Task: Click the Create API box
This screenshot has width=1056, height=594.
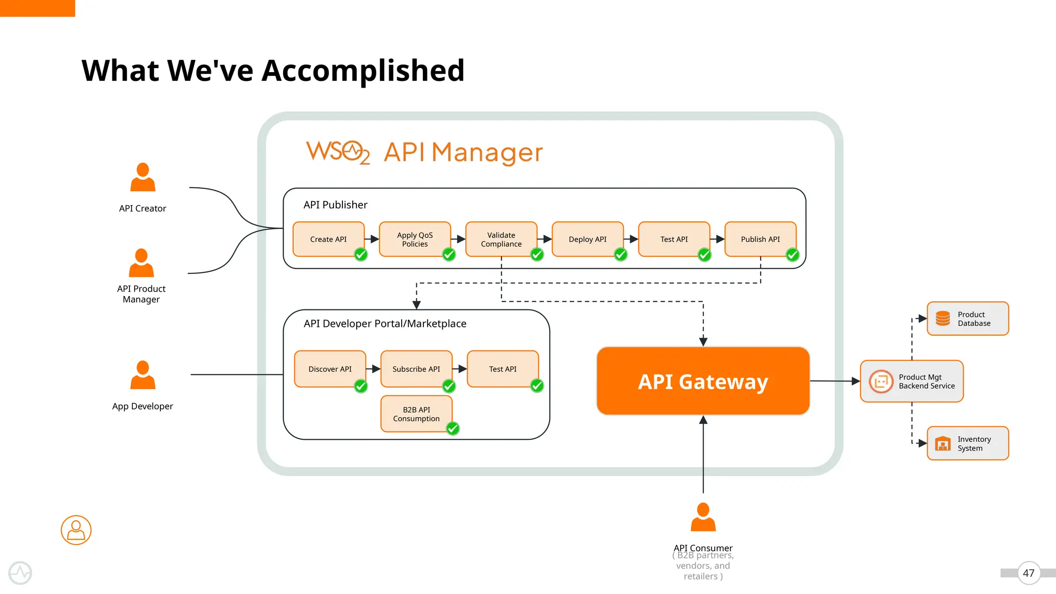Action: point(328,239)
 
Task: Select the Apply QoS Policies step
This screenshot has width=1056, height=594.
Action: point(415,239)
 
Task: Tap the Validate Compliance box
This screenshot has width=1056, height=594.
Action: point(501,239)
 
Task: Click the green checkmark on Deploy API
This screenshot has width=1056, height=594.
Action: point(621,254)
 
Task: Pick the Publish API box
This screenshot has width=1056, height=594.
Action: point(760,239)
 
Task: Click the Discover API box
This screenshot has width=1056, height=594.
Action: point(330,369)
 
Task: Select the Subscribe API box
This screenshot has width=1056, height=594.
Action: point(416,369)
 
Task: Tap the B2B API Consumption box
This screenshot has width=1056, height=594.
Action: point(416,414)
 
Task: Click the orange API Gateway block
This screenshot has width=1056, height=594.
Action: point(703,381)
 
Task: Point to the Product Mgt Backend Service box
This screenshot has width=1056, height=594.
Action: point(912,381)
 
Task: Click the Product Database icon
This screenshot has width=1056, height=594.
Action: point(943,319)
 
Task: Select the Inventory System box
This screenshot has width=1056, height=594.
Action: point(967,443)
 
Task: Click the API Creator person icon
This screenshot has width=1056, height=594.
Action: point(143,177)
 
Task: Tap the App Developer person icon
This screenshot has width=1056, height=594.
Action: point(143,375)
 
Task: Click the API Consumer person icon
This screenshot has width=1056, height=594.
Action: point(703,517)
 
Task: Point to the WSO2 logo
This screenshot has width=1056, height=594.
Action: point(338,152)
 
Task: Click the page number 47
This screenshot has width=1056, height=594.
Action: point(1029,573)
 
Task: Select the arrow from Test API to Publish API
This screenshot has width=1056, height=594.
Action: point(717,239)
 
